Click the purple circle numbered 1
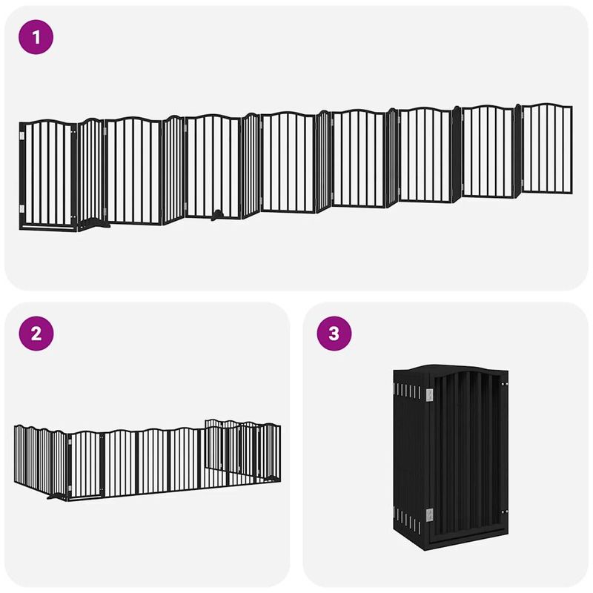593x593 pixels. [37, 37]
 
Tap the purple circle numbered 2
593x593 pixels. [37, 334]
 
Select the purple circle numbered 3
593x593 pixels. [334, 334]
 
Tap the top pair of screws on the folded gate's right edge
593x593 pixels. [504, 385]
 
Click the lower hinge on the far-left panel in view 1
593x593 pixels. [21, 208]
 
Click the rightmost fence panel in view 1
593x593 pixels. [547, 148]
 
